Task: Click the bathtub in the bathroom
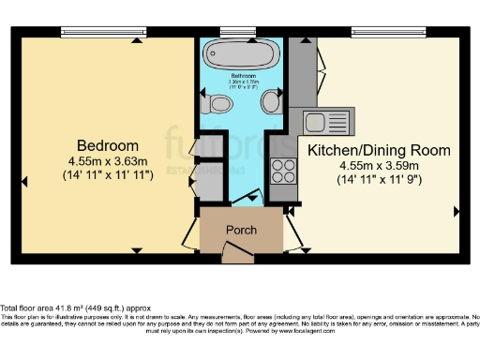241,52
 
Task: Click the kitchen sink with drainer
323,120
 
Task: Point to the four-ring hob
281,171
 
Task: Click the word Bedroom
108,146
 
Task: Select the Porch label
242,231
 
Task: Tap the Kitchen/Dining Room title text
379,150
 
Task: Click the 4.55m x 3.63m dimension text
108,160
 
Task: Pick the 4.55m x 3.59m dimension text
379,165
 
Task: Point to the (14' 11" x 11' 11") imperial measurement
108,174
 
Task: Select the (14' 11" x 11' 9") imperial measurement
379,179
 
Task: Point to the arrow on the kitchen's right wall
457,212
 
